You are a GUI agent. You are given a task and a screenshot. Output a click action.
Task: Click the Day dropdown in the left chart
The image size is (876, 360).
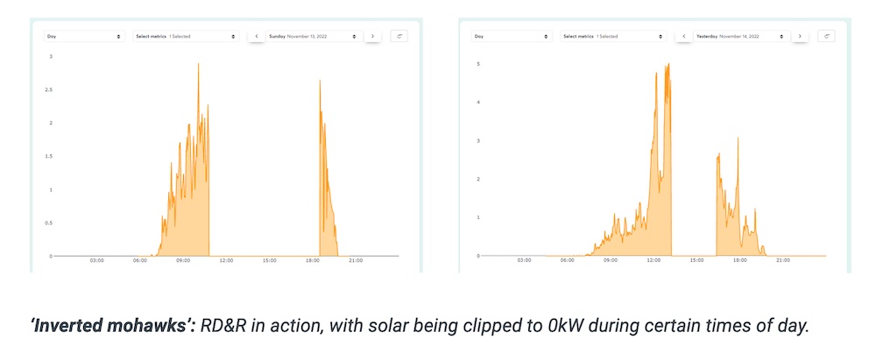pyautogui.click(x=84, y=37)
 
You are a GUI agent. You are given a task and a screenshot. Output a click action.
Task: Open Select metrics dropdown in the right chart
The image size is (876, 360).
pyautogui.click(x=613, y=37)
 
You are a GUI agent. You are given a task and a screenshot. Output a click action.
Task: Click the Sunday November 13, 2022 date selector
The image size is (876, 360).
pyautogui.click(x=314, y=37)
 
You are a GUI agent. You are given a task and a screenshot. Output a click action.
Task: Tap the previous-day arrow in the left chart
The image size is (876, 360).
pyautogui.click(x=256, y=37)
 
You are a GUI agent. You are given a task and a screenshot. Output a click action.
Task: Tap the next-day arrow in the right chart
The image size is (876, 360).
pyautogui.click(x=800, y=37)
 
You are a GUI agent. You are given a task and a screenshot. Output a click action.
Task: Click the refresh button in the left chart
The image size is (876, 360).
pyautogui.click(x=399, y=37)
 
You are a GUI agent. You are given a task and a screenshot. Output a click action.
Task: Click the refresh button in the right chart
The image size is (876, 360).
pyautogui.click(x=827, y=37)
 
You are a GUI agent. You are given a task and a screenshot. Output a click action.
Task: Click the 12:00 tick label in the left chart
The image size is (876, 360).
pyautogui.click(x=226, y=261)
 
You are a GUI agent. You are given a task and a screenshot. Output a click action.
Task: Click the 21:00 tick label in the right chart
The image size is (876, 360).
pyautogui.click(x=782, y=261)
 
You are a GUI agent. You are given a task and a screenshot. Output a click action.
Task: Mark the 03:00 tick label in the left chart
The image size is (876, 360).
pyautogui.click(x=97, y=261)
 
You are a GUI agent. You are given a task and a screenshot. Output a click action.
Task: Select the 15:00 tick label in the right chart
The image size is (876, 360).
pyautogui.click(x=696, y=261)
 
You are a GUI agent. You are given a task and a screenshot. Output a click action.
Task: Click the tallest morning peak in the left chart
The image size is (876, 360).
pyautogui.click(x=198, y=64)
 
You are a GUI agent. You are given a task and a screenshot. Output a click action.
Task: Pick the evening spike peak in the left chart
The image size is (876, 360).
pyautogui.click(x=320, y=81)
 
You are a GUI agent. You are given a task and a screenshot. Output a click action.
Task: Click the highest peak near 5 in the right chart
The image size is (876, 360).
pyautogui.click(x=668, y=64)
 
